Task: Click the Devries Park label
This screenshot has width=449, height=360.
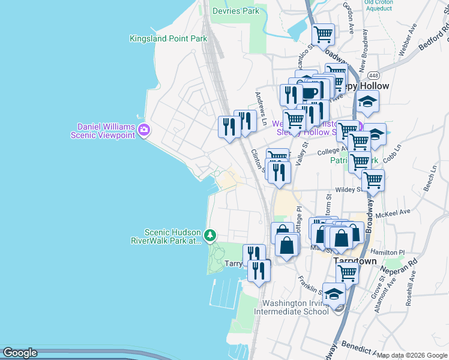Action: [236, 11]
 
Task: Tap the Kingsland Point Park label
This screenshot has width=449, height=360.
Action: [168, 38]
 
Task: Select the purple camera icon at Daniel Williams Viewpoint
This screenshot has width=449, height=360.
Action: [143, 130]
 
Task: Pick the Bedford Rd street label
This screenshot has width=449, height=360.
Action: [437, 36]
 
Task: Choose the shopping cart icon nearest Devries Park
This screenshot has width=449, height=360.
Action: [324, 35]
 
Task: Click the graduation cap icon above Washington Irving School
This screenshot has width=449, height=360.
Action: [334, 293]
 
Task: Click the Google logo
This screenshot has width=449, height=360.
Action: [20, 353]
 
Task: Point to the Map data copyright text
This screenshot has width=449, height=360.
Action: [412, 356]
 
